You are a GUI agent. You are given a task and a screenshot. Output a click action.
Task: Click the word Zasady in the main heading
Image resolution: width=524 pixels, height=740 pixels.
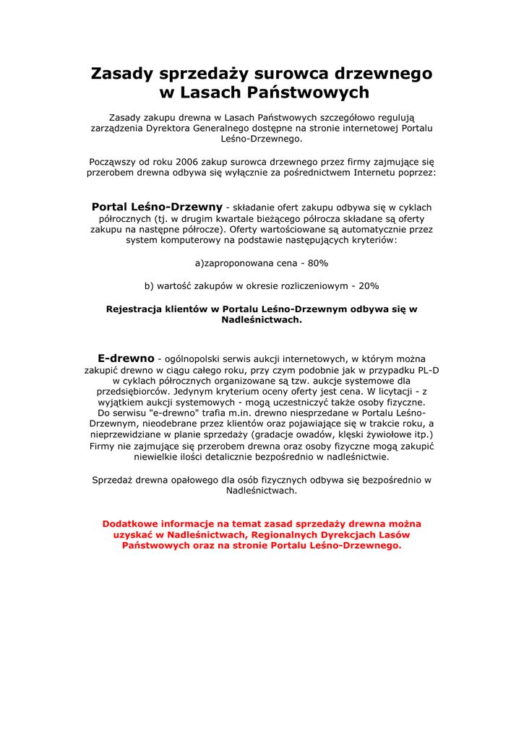121,74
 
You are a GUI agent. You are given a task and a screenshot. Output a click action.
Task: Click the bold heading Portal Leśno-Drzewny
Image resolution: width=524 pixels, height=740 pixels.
157,207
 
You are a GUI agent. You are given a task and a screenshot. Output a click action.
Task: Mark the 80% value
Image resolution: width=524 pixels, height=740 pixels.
318,263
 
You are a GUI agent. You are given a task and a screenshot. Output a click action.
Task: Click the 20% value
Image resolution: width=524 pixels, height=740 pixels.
368,285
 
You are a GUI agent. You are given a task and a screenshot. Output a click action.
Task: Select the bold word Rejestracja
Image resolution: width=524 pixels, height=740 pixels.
134,309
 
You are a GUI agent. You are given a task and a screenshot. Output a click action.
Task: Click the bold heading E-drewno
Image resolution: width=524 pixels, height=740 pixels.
126,358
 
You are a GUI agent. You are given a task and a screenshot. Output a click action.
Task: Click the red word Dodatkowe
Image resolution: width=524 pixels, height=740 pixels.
132,524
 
